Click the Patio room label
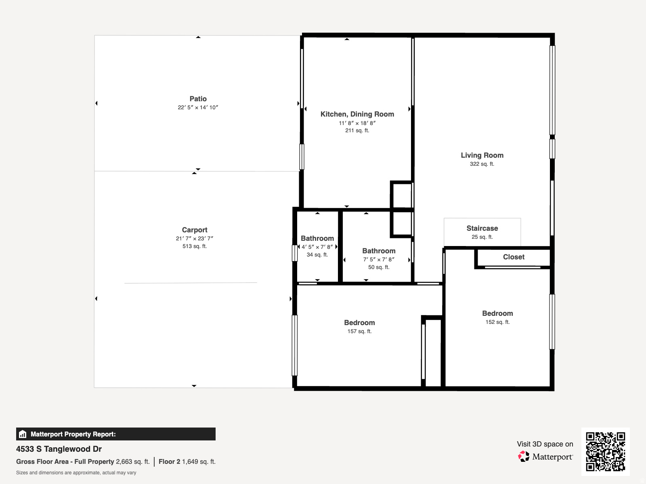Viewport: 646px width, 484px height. tap(198, 99)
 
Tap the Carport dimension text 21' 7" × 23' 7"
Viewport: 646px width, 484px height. tap(194, 238)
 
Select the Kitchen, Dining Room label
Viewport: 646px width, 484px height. tap(357, 114)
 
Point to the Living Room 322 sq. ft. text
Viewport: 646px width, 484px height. tap(482, 164)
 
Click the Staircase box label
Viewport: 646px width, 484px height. tap(482, 228)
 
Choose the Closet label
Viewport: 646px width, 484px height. tap(514, 257)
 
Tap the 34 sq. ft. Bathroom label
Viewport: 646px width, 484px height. tap(317, 238)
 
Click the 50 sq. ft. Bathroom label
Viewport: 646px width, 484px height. tap(379, 251)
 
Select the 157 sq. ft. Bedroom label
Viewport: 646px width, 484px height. tap(359, 323)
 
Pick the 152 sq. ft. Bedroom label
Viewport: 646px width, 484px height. tap(497, 313)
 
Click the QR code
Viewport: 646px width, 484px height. tap(605, 451)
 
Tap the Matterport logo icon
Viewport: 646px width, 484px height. tap(524, 456)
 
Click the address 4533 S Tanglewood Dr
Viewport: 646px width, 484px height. tap(59, 449)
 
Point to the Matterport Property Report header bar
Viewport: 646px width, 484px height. tap(115, 434)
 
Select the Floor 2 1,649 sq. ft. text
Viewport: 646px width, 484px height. tap(187, 461)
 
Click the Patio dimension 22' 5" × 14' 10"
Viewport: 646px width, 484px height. tap(198, 107)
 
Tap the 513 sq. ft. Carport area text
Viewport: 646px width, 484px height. tap(194, 246)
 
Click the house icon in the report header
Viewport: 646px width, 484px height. tap(23, 434)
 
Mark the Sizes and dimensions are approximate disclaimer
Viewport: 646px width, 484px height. tap(76, 473)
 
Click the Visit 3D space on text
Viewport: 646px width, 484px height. tap(545, 444)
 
